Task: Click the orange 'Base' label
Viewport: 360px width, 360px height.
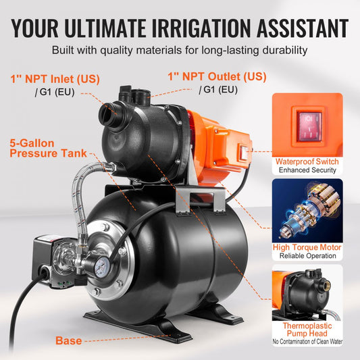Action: tap(69, 341)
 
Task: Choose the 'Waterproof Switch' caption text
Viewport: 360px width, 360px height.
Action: tap(307, 162)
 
